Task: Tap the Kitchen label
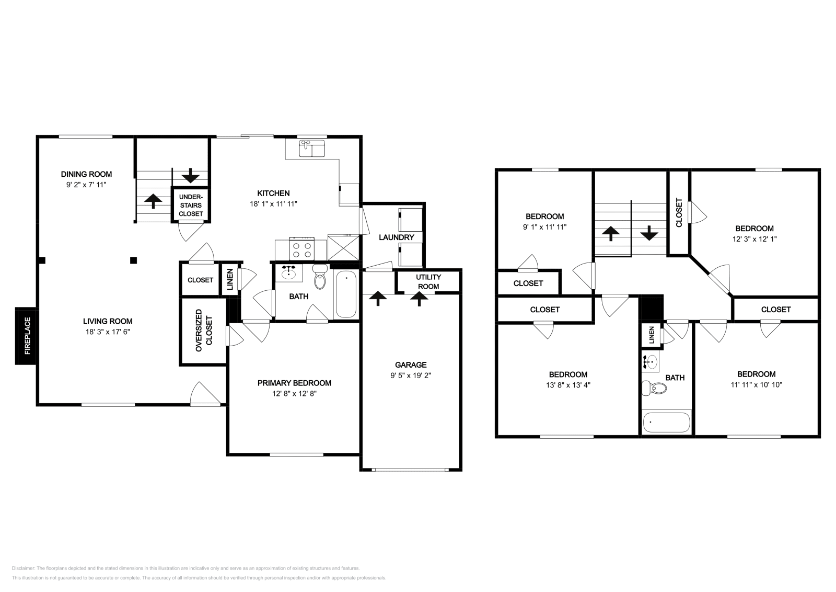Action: click(273, 193)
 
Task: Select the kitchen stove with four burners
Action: click(301, 248)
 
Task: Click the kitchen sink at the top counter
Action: click(312, 148)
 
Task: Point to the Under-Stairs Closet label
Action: click(191, 206)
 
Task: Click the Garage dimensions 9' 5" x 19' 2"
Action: click(411, 375)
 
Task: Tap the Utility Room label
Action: click(428, 281)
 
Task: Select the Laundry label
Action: click(397, 237)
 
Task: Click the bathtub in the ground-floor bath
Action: click(346, 294)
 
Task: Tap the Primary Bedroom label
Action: click(294, 383)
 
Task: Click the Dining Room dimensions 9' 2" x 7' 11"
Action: click(86, 184)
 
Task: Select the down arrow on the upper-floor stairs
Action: click(649, 233)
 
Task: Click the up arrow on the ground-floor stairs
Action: click(153, 201)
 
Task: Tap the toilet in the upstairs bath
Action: click(655, 388)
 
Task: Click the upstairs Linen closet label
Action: click(651, 335)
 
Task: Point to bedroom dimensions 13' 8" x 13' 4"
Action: click(568, 384)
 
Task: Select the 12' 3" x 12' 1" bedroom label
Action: click(754, 229)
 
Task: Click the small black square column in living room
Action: click(134, 260)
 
